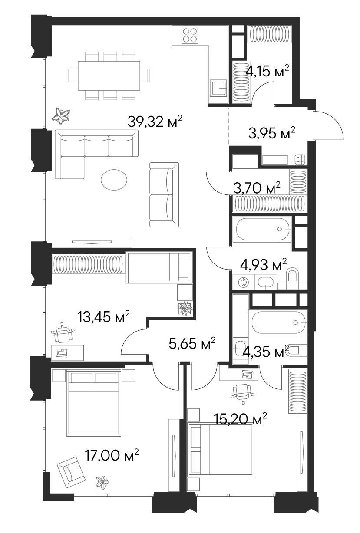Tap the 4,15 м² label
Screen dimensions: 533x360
[x=267, y=71]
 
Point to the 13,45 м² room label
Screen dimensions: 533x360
[x=103, y=317]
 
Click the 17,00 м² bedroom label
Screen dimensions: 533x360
[x=112, y=455]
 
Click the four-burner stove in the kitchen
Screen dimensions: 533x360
[x=190, y=35]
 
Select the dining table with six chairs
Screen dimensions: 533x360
[x=109, y=76]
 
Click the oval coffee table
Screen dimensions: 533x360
[x=114, y=179]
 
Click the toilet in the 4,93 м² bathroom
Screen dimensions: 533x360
[x=293, y=278]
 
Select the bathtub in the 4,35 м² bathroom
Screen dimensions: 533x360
[x=278, y=322]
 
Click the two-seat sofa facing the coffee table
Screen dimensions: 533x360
[x=164, y=194]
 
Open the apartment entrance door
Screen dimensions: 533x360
[x=328, y=126]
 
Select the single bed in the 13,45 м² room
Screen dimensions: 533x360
[x=158, y=268]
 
